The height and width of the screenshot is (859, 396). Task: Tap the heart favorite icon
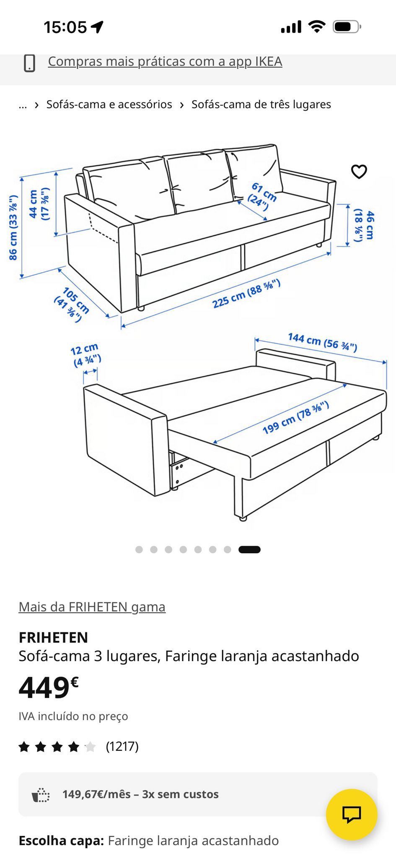359,172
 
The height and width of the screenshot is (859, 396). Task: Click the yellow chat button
352,815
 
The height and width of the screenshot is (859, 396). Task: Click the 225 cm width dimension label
246,293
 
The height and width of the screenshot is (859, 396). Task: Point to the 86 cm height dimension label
13,227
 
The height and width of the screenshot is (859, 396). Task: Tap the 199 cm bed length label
296,417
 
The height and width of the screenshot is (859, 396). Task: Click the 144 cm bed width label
322,342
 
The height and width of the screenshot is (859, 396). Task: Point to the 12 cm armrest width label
85,355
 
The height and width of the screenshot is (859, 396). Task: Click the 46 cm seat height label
364,225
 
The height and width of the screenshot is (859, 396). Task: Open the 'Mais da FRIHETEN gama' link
92,607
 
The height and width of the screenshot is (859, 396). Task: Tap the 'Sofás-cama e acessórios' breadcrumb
109,104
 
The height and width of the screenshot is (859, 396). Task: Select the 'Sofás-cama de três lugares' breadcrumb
261,104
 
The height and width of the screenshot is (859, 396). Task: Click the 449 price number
44,688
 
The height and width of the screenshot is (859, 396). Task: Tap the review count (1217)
122,746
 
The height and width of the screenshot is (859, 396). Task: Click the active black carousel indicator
249,549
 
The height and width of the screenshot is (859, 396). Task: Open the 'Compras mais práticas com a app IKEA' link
165,61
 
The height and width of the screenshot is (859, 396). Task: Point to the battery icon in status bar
347,27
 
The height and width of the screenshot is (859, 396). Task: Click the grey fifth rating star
90,747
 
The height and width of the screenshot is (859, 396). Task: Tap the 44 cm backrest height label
39,204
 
